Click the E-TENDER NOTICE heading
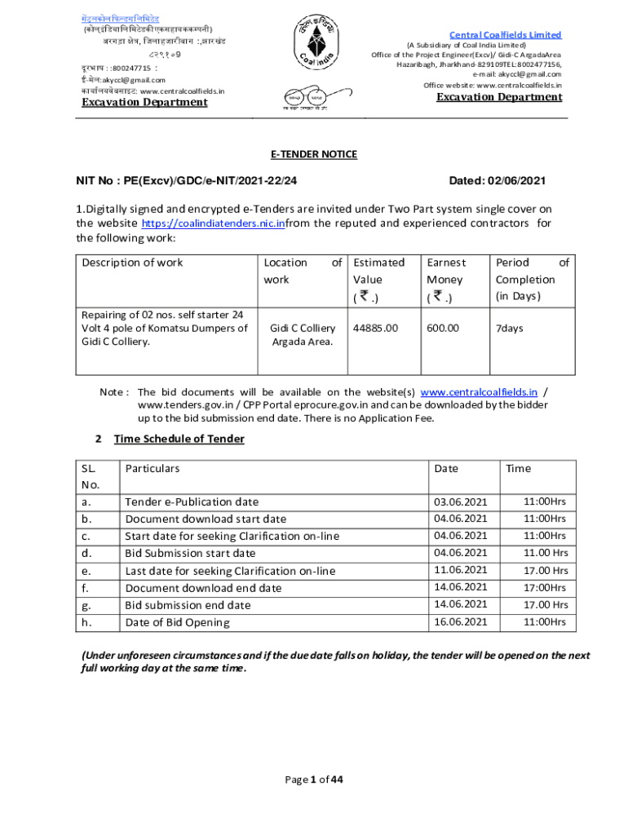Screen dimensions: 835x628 (x=314, y=154)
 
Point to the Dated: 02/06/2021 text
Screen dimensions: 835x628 (x=498, y=180)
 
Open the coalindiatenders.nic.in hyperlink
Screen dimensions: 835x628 (x=213, y=223)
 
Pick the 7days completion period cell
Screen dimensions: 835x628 (x=510, y=328)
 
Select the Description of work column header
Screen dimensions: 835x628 (x=132, y=263)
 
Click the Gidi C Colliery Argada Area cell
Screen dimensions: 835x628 (x=303, y=334)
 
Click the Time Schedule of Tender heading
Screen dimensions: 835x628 (x=179, y=439)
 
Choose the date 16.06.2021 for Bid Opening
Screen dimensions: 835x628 (x=461, y=622)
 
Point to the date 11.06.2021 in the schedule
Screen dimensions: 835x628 (x=461, y=570)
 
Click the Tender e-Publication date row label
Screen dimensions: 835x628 (x=191, y=502)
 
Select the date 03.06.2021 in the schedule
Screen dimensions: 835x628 (x=461, y=502)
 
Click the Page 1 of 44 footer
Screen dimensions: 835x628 (x=314, y=780)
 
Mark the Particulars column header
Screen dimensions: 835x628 (x=152, y=468)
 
